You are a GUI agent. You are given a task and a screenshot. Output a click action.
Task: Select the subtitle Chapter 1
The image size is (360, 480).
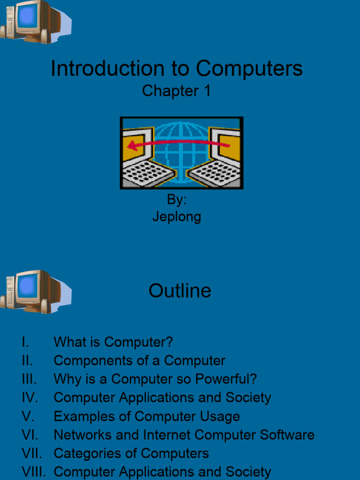176,91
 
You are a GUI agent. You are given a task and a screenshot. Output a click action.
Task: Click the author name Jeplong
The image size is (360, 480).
177,217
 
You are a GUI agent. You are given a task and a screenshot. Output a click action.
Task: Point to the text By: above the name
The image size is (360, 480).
177,200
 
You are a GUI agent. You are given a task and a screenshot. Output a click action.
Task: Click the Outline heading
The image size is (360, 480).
180,291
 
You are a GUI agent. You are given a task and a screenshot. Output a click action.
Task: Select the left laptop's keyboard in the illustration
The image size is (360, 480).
148,174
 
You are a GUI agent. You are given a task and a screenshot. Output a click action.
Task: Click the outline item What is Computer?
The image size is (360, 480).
113,342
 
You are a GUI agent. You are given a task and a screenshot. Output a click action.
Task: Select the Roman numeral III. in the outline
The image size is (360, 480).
29,379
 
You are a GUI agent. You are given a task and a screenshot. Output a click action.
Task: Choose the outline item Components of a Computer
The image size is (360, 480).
139,360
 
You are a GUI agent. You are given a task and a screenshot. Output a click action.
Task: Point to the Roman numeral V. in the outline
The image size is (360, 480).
28,416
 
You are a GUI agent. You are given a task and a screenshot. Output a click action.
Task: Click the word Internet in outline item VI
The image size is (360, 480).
167,435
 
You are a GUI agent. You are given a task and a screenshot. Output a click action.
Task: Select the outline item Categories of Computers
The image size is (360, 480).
131,453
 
